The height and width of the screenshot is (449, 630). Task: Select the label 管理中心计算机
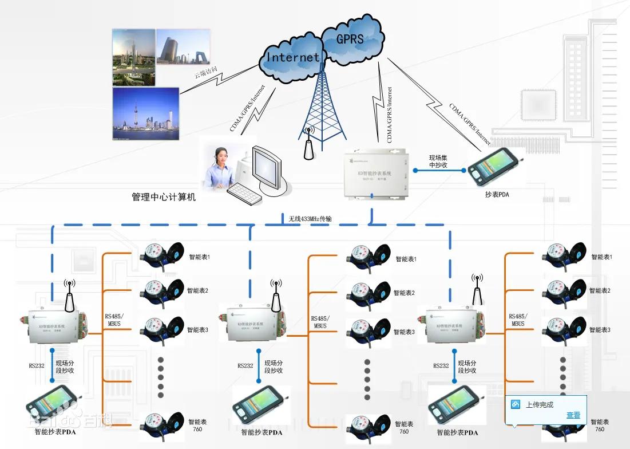coord(164,198)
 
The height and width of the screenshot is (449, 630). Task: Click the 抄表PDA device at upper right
coord(495,168)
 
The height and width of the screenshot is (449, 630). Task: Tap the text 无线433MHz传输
coord(310,219)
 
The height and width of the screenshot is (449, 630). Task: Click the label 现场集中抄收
coord(442,162)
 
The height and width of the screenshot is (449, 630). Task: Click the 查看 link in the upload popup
coord(573,415)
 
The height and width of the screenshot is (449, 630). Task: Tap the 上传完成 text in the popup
coord(540,405)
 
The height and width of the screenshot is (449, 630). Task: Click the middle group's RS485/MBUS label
coord(320,322)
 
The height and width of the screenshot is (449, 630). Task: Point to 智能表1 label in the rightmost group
coord(601,257)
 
